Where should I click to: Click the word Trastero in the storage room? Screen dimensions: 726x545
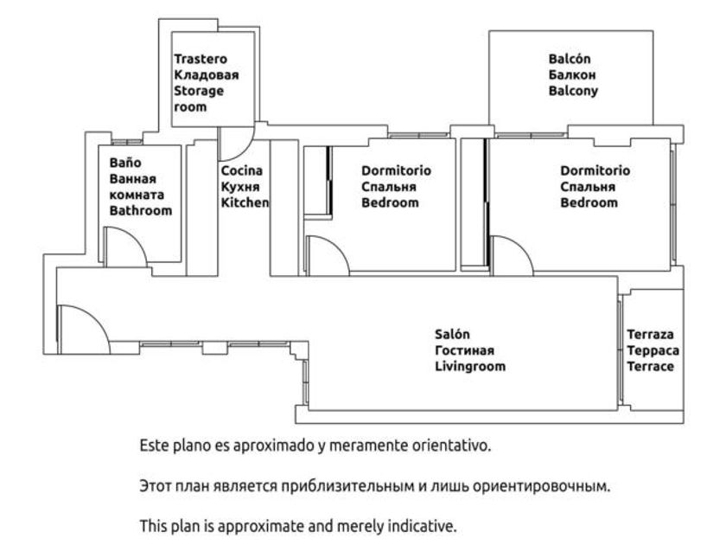201,59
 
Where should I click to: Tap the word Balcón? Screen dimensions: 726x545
570,59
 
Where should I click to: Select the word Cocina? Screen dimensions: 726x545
242,170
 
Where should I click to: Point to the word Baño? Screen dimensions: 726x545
125,163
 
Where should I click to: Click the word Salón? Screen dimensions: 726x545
452,334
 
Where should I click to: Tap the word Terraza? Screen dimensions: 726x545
651,334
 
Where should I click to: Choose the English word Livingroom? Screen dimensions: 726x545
470,367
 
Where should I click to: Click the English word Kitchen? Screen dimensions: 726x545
245,202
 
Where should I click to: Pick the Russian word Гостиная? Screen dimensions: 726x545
464,350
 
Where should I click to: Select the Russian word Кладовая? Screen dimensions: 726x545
207,75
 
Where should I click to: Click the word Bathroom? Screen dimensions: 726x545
141,211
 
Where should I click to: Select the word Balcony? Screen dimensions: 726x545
573,91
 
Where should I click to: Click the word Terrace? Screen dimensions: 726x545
651,367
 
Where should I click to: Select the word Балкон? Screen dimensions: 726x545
572,75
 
